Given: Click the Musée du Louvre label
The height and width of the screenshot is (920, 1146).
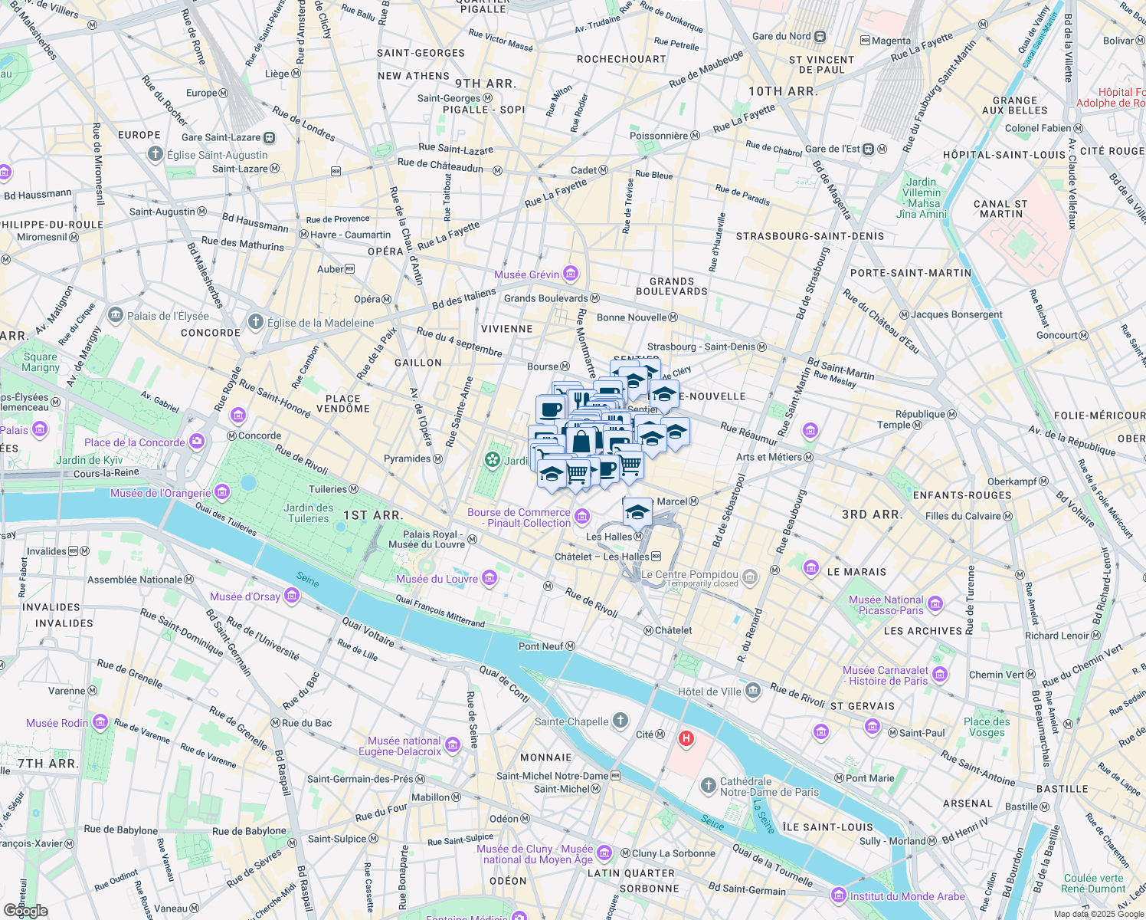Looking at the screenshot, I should pyautogui.click(x=437, y=579).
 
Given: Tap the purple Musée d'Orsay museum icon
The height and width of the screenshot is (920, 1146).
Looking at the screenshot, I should pyautogui.click(x=291, y=596).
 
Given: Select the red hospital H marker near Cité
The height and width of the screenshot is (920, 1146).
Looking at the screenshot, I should pyautogui.click(x=686, y=739).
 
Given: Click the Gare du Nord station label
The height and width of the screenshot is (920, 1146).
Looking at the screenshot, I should pyautogui.click(x=781, y=36).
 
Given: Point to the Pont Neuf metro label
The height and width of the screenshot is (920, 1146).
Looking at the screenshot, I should pyautogui.click(x=541, y=646).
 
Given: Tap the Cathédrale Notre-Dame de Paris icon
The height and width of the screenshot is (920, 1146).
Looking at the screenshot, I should pyautogui.click(x=709, y=786).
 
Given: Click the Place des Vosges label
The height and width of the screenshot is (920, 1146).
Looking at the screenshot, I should pyautogui.click(x=987, y=727).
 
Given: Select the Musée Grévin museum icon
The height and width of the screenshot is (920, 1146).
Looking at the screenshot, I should pyautogui.click(x=570, y=274).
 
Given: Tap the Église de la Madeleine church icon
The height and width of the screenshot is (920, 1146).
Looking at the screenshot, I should pyautogui.click(x=256, y=323).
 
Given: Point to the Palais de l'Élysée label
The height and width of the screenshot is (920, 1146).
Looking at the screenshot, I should pyautogui.click(x=168, y=316).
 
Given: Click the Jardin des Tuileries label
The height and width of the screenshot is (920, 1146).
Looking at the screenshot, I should pyautogui.click(x=309, y=513).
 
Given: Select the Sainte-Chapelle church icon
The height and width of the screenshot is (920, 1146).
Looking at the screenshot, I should pyautogui.click(x=620, y=721).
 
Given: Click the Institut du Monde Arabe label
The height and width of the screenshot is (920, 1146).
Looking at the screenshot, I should pyautogui.click(x=907, y=895).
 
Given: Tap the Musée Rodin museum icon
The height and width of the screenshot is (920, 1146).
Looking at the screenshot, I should pyautogui.click(x=100, y=722).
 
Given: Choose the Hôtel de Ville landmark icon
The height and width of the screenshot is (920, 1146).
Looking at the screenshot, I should pyautogui.click(x=753, y=691).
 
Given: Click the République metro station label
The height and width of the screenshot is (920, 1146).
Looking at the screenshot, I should pyautogui.click(x=921, y=414).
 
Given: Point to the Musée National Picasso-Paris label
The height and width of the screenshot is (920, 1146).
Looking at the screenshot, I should pyautogui.click(x=886, y=605).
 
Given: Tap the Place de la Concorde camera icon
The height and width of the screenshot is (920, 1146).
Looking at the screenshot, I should pyautogui.click(x=198, y=442).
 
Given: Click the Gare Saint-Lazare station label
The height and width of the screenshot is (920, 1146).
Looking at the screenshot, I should pyautogui.click(x=221, y=137).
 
